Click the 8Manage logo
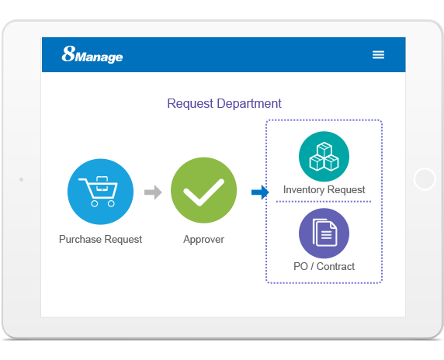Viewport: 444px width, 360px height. tap(92, 54)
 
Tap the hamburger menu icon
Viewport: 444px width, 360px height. tap(378, 54)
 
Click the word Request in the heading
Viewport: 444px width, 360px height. tap(190, 104)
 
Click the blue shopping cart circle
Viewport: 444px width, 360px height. tap(101, 192)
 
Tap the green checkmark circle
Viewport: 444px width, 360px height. tap(204, 190)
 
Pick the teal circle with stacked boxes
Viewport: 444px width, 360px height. tap(324, 157)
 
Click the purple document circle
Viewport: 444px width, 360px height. tap(324, 234)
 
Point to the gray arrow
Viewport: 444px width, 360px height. tap(153, 192)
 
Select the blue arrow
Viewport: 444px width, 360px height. tap(260, 192)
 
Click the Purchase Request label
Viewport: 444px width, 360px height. tap(101, 240)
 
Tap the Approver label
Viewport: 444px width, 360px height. tap(204, 240)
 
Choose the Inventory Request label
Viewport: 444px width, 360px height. tap(324, 190)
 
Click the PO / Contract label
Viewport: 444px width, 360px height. tap(324, 267)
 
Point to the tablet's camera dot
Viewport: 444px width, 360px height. tap(21, 179)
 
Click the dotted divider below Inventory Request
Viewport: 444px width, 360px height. tap(324, 202)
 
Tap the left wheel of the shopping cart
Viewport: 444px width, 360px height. tap(95, 203)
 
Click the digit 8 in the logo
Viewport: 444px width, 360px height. tap(68, 54)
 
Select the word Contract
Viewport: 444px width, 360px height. tap(335, 267)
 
